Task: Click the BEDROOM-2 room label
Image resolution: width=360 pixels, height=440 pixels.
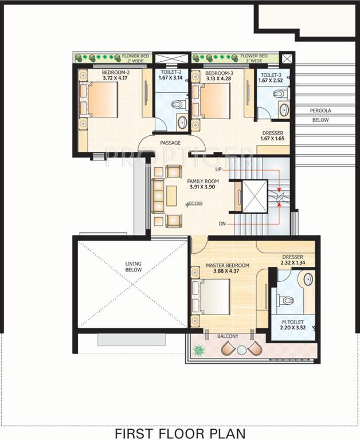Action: pyautogui.click(x=116, y=73)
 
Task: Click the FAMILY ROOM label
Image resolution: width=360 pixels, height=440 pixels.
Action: pyautogui.click(x=202, y=181)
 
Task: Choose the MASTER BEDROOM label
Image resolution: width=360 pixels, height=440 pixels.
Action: pyautogui.click(x=228, y=266)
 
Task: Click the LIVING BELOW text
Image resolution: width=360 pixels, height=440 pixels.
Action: pyautogui.click(x=133, y=268)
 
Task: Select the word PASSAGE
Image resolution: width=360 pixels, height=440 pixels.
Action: pyautogui.click(x=170, y=143)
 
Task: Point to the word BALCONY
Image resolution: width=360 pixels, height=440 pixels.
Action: pyautogui.click(x=228, y=336)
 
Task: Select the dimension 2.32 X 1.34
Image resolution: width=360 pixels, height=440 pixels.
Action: pyautogui.click(x=292, y=263)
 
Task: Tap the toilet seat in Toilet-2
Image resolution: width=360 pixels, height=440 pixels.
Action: pyautogui.click(x=177, y=105)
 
